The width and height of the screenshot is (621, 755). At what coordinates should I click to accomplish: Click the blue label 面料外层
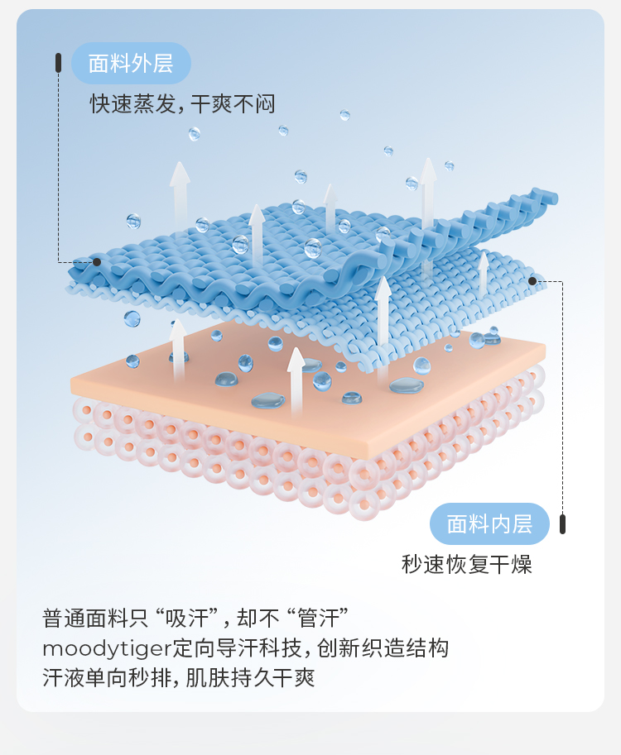[131, 64]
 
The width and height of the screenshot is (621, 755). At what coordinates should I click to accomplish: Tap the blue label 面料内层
[489, 523]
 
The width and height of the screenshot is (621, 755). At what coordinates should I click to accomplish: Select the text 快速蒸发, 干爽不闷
[182, 104]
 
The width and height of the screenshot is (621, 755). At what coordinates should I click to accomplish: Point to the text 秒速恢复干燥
[466, 565]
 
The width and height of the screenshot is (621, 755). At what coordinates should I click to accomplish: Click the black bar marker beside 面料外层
[59, 62]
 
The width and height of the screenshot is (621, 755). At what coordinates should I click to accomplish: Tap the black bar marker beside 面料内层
[563, 523]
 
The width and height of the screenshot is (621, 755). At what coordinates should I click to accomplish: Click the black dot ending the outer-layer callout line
[97, 262]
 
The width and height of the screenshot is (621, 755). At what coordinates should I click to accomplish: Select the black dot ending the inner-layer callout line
[532, 281]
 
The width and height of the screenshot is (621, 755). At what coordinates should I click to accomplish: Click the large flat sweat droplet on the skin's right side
[407, 385]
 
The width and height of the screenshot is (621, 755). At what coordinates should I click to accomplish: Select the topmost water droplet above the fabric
[344, 115]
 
